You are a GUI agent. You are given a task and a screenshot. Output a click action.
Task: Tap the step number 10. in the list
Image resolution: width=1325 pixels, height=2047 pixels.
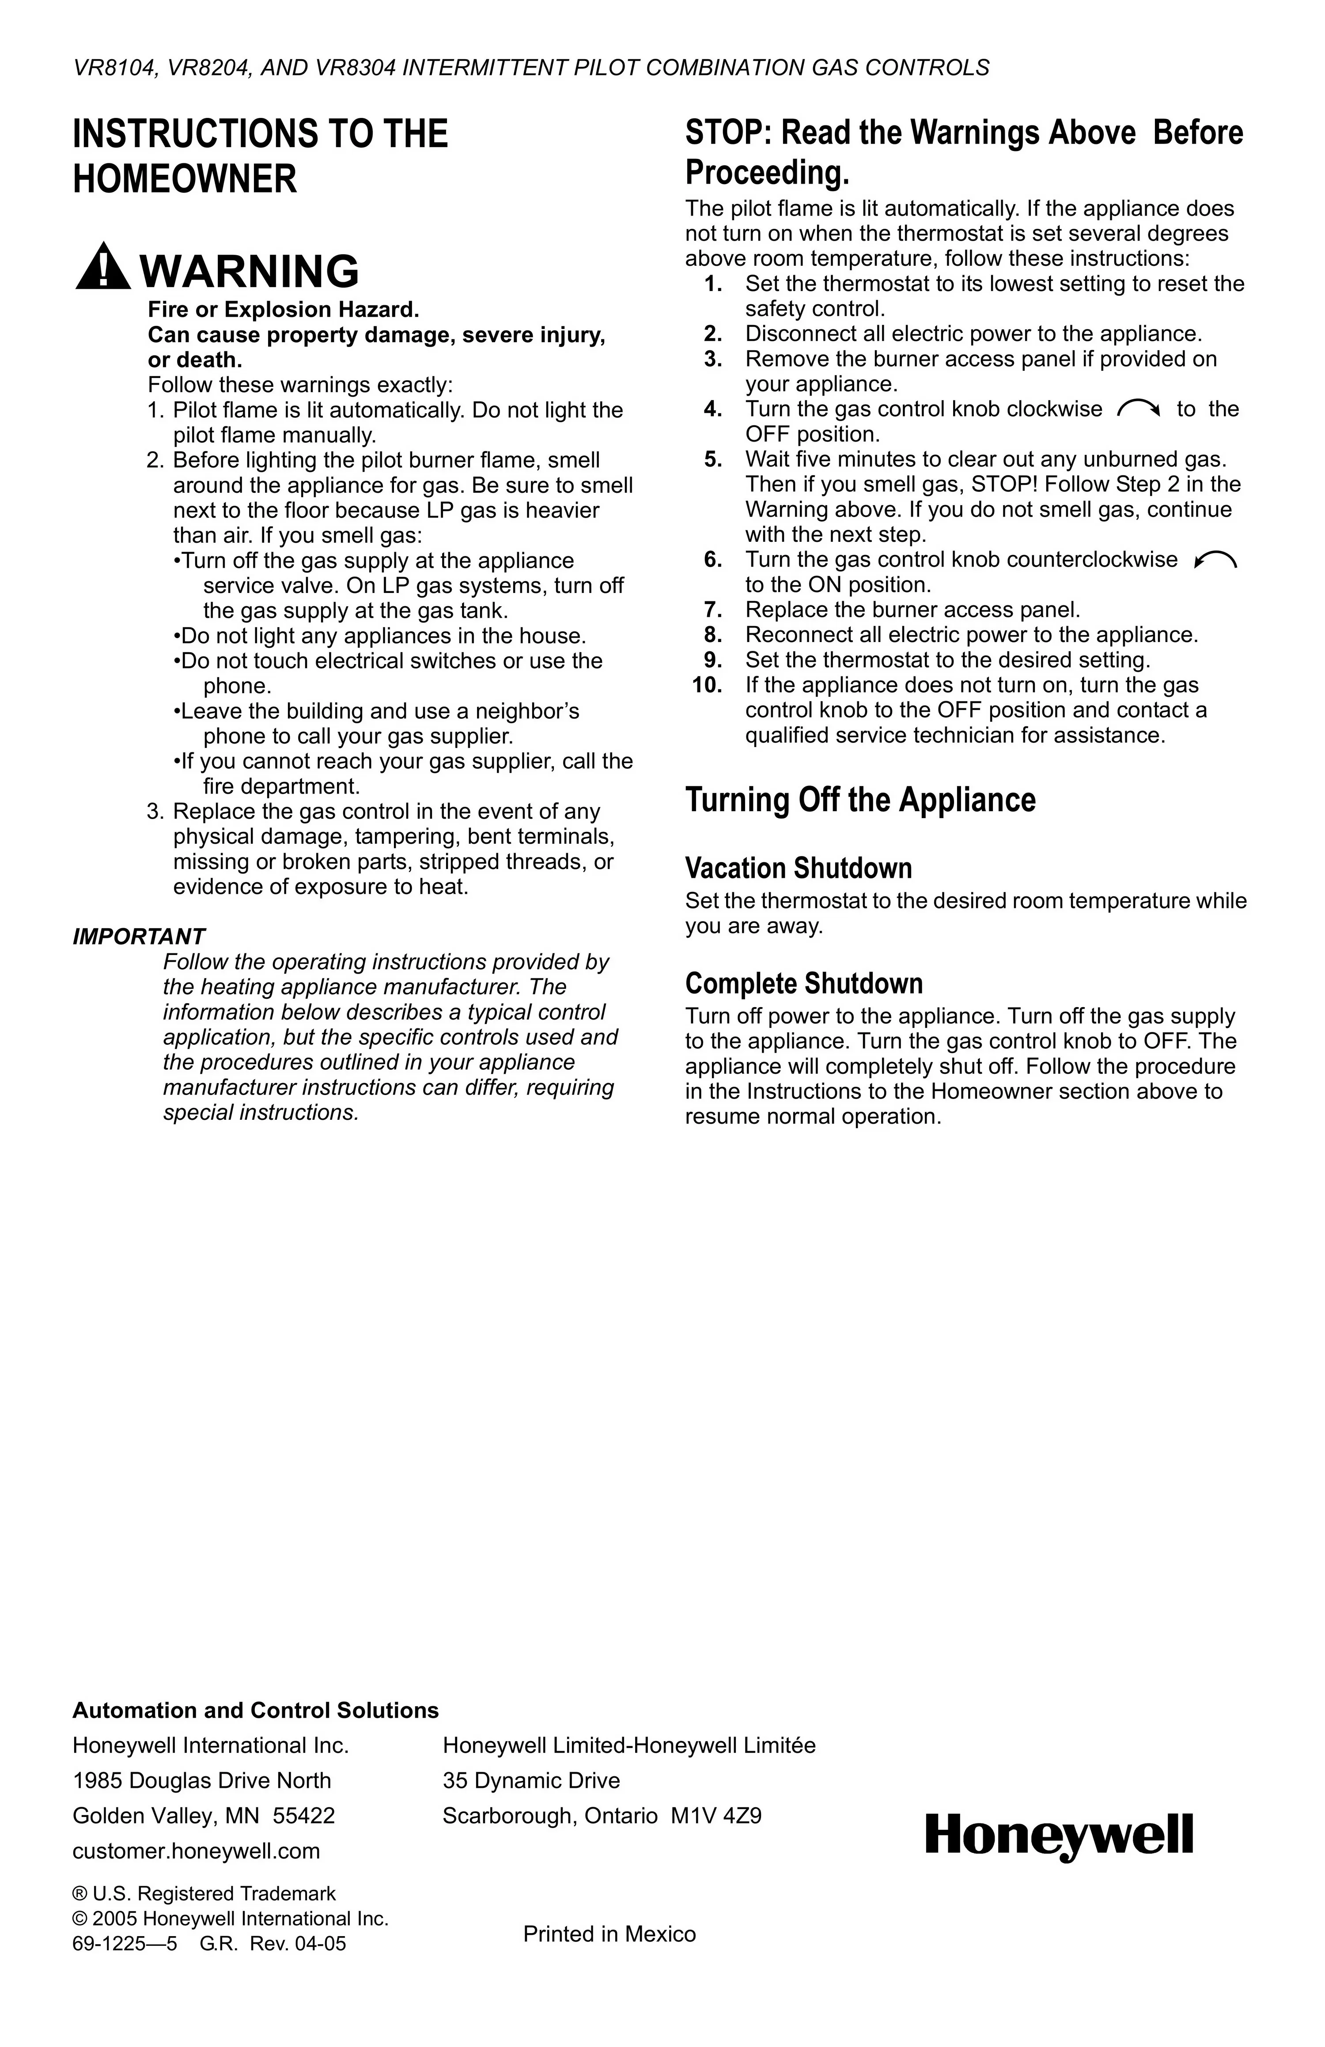707,685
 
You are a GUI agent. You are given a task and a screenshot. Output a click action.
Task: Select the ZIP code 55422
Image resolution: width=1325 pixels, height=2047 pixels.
304,1816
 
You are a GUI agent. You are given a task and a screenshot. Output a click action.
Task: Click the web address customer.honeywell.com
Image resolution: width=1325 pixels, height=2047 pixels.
196,1851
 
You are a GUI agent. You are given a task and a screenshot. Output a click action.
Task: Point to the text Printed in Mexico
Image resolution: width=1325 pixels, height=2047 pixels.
609,1934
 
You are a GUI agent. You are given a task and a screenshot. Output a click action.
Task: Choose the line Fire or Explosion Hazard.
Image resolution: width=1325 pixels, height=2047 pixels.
283,310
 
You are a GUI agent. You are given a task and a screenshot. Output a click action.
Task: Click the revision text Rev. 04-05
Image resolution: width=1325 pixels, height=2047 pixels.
298,1944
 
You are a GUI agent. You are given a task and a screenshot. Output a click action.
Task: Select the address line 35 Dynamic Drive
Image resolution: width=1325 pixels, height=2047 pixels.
531,1780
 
